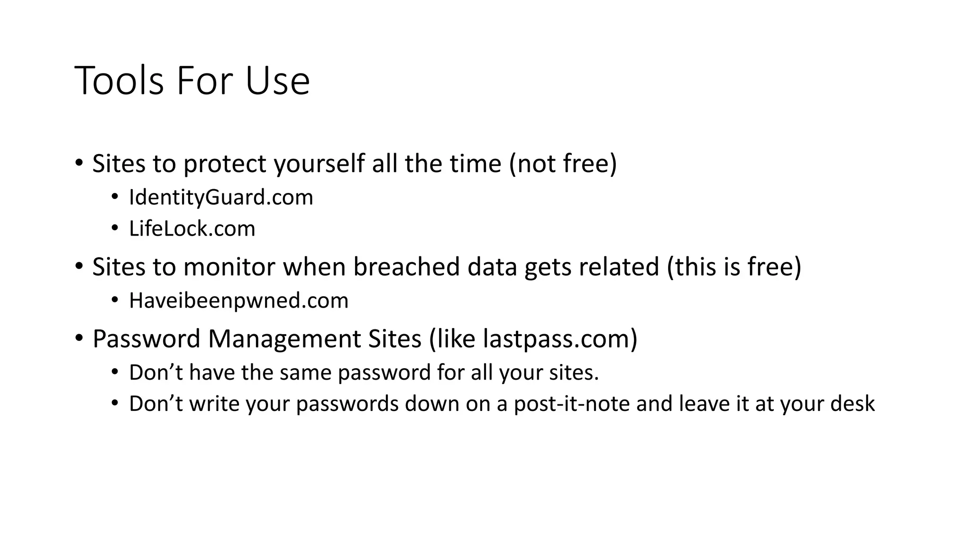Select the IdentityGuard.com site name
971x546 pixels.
coord(221,197)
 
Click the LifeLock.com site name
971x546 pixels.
coord(192,228)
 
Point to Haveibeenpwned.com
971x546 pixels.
coord(238,300)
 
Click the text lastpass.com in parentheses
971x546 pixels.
coord(556,338)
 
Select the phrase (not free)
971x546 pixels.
coord(563,164)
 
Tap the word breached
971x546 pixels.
coord(406,266)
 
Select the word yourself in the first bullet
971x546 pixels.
coord(319,164)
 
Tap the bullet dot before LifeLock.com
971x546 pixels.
coord(115,228)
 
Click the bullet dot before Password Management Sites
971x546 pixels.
coord(79,338)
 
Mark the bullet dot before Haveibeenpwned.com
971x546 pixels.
coord(115,300)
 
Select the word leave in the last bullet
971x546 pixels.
coord(704,404)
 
